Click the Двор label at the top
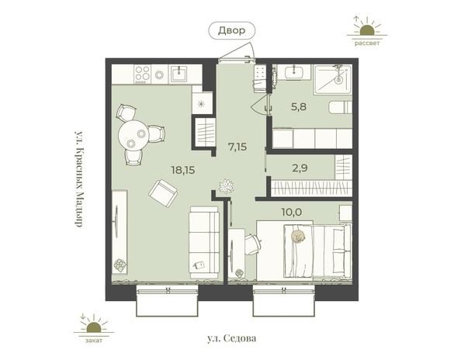click(x=231, y=30)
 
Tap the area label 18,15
click(x=183, y=170)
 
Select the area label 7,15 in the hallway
click(x=237, y=146)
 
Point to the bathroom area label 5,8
click(x=299, y=106)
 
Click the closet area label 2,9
click(x=300, y=168)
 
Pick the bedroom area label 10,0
click(x=292, y=212)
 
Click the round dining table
click(x=133, y=136)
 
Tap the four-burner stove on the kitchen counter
click(x=142, y=74)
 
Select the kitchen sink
click(x=179, y=74)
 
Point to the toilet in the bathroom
click(x=340, y=107)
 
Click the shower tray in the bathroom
click(x=332, y=79)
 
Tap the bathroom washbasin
click(x=293, y=72)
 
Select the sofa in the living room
click(x=204, y=242)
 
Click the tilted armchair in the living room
click(x=163, y=193)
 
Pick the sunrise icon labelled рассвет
click(x=366, y=29)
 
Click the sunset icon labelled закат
click(x=93, y=327)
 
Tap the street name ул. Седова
click(x=232, y=338)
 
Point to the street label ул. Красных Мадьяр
click(x=78, y=178)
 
